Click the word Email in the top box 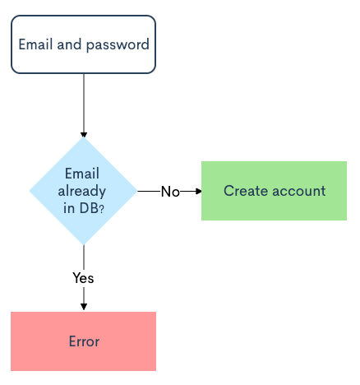35,44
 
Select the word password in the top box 118,45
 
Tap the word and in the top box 69,44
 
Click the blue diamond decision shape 83,191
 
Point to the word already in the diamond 82,191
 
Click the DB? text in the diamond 92,208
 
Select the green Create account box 274,191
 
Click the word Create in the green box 246,191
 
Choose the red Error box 83,341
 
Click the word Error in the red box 84,341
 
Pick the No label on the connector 170,192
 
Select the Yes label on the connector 83,278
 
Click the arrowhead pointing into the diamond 84,135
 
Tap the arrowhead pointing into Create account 199,191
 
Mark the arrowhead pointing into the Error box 84,307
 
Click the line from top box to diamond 84,105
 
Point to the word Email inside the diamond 82,174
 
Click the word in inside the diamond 69,208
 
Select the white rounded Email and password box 83,44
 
